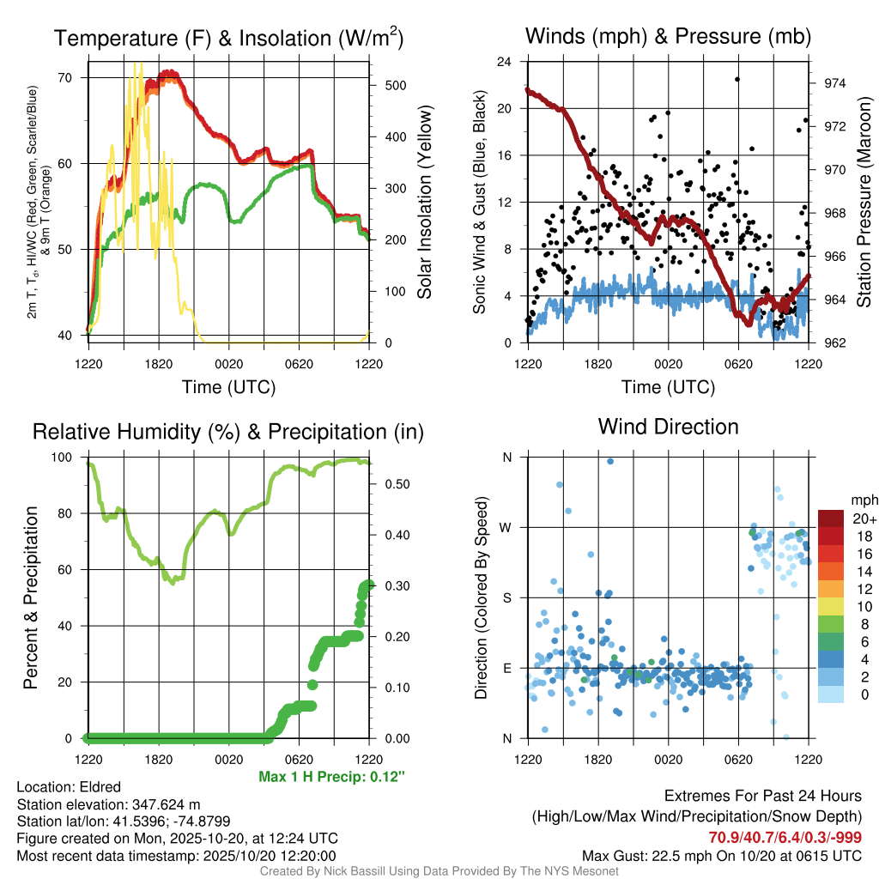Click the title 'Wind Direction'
(x=668, y=427)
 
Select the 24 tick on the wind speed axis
(x=506, y=62)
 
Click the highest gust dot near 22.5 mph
(x=737, y=79)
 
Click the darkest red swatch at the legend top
(x=830, y=518)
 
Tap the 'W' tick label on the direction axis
(x=506, y=527)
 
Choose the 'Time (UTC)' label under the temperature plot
(x=228, y=387)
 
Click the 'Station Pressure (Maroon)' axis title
(x=864, y=202)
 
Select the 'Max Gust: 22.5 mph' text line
(x=721, y=855)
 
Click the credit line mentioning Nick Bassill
(x=439, y=871)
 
